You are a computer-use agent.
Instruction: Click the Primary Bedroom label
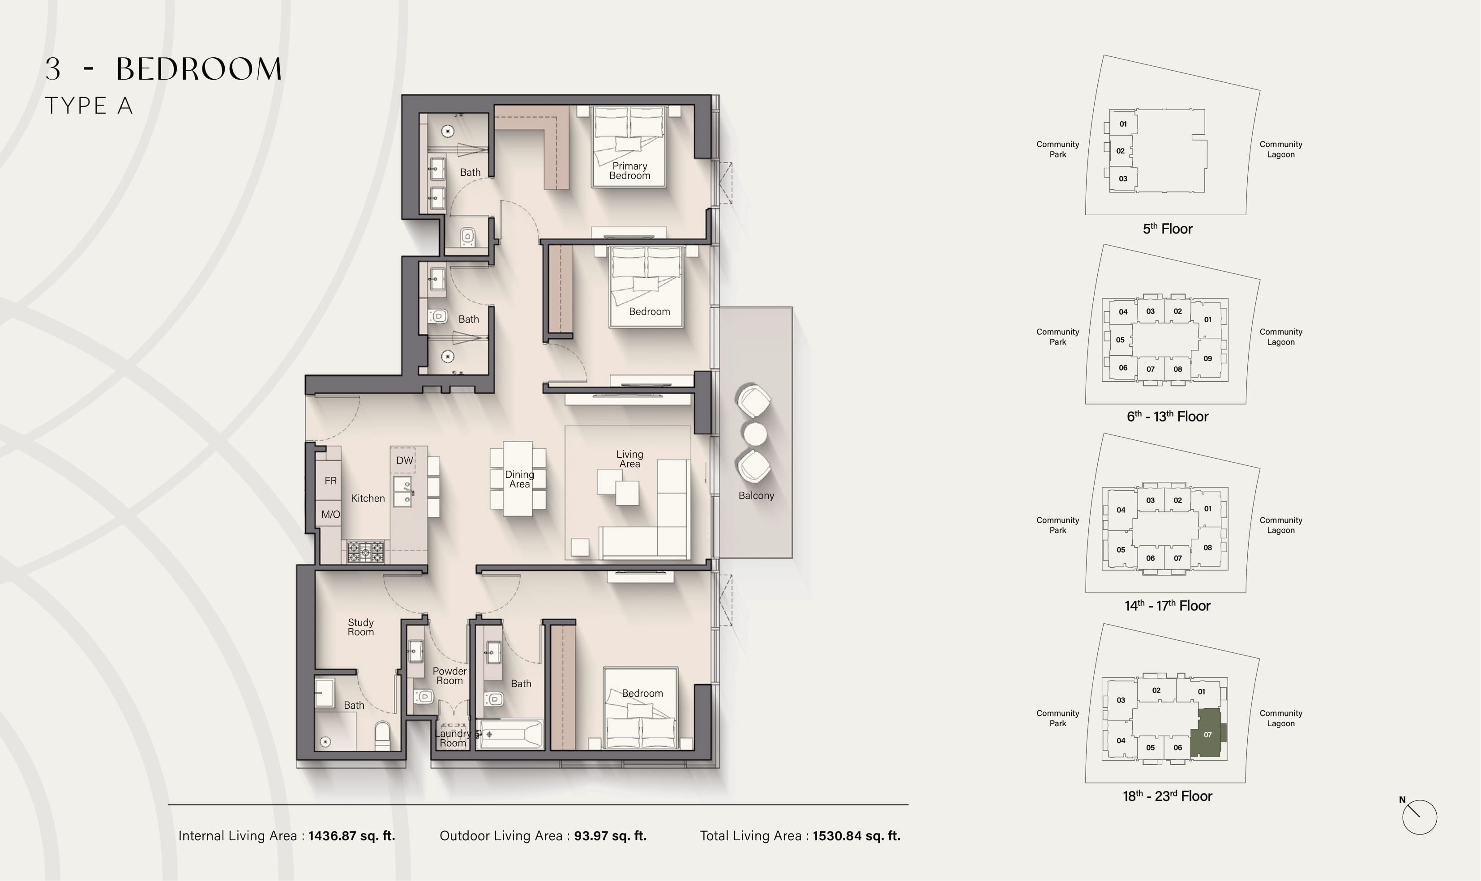click(629, 170)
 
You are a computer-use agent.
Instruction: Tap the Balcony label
click(756, 495)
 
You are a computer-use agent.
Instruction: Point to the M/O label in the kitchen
click(331, 514)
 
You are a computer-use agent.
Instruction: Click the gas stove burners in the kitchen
click(365, 552)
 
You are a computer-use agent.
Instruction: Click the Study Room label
click(360, 627)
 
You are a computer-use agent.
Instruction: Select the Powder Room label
click(449, 676)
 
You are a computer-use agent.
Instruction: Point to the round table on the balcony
click(755, 434)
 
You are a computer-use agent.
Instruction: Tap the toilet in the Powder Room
click(424, 696)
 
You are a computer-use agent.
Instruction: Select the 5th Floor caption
click(1168, 229)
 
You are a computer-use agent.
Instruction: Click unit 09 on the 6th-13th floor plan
click(1207, 358)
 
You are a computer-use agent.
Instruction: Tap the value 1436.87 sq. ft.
click(351, 836)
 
